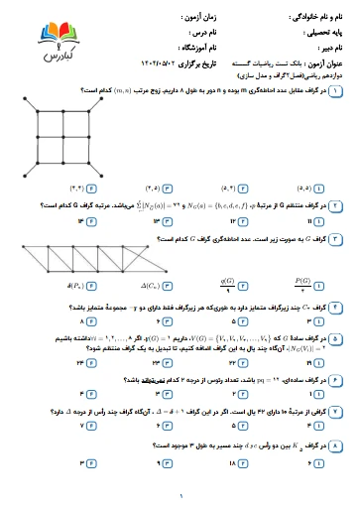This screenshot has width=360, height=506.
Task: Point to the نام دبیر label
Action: click(327, 46)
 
